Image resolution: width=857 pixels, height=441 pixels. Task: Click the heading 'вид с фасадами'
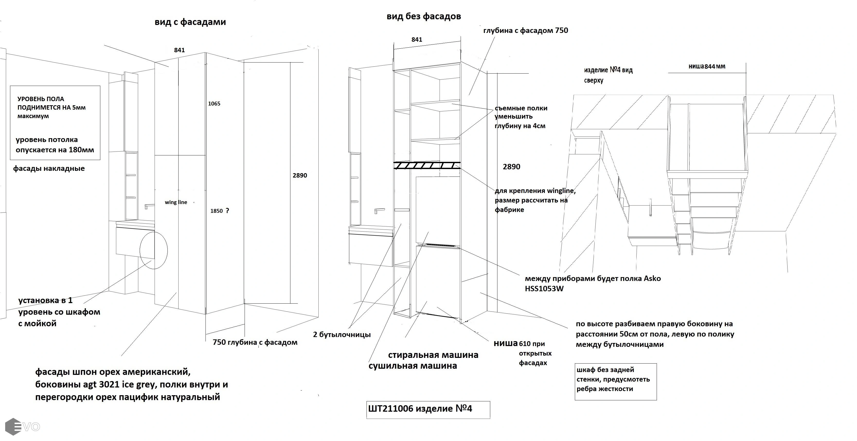pyautogui.click(x=190, y=22)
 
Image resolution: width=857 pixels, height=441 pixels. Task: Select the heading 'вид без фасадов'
pyautogui.click(x=424, y=16)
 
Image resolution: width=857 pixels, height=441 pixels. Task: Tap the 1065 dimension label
pyautogui.click(x=214, y=103)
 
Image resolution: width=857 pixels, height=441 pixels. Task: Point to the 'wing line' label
pyautogui.click(x=176, y=202)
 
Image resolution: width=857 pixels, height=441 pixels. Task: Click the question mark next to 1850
pyautogui.click(x=228, y=211)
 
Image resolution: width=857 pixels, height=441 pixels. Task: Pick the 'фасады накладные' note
pyautogui.click(x=49, y=169)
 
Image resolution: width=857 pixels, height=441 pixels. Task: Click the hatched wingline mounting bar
pyautogui.click(x=427, y=165)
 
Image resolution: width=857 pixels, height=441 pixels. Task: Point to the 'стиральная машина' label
pyautogui.click(x=433, y=355)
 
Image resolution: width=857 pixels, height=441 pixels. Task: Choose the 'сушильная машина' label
pyautogui.click(x=413, y=366)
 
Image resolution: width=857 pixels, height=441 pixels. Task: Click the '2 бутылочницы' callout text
pyautogui.click(x=342, y=334)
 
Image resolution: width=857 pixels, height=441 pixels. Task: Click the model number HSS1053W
pyautogui.click(x=544, y=289)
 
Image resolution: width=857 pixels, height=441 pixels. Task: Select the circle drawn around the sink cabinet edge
pyautogui.click(x=153, y=250)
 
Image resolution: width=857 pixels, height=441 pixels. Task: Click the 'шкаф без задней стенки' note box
pyautogui.click(x=615, y=381)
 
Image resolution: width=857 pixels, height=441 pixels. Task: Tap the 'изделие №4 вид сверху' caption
pyautogui.click(x=608, y=75)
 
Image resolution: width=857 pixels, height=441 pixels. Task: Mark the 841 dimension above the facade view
pyautogui.click(x=179, y=50)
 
